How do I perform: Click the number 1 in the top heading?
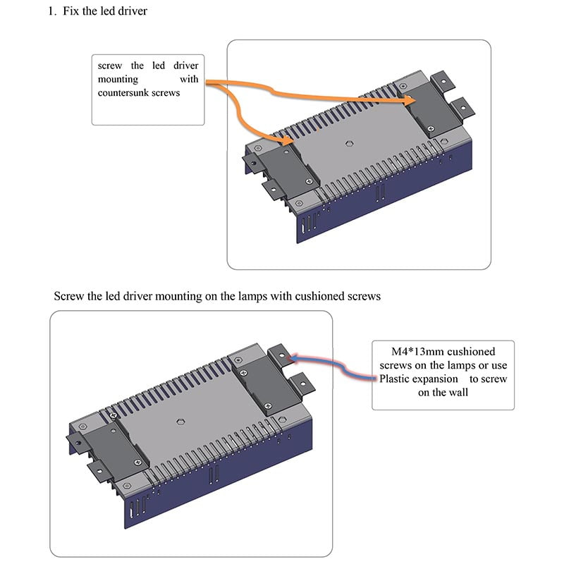[51, 13]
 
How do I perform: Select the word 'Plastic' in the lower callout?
[399, 379]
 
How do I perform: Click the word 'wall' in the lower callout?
[455, 393]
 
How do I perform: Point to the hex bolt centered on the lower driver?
[177, 417]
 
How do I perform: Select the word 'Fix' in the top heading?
[70, 13]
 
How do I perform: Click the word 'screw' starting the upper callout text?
[110, 66]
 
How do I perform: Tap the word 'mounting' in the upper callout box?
[118, 80]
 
